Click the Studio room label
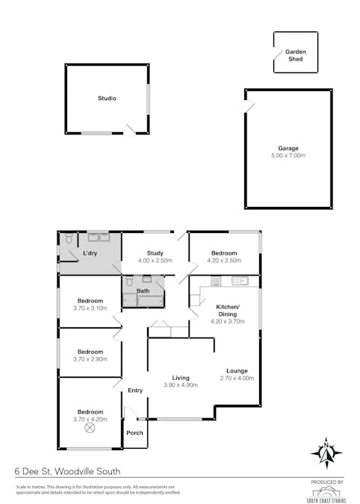(x=107, y=99)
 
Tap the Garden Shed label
(x=296, y=55)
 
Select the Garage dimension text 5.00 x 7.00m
(x=288, y=155)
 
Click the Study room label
(x=155, y=253)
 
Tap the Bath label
(x=143, y=290)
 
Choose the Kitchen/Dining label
(x=227, y=311)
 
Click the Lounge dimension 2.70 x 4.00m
(x=238, y=379)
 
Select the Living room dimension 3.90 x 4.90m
(x=180, y=385)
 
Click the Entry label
(x=135, y=391)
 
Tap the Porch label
(x=135, y=433)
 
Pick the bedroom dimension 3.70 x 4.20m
(x=90, y=420)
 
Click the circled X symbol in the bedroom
(x=90, y=429)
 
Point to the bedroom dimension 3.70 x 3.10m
(x=90, y=308)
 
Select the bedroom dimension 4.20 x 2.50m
(x=224, y=261)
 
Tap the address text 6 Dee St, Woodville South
(x=67, y=472)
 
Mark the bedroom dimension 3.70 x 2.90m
(x=90, y=359)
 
